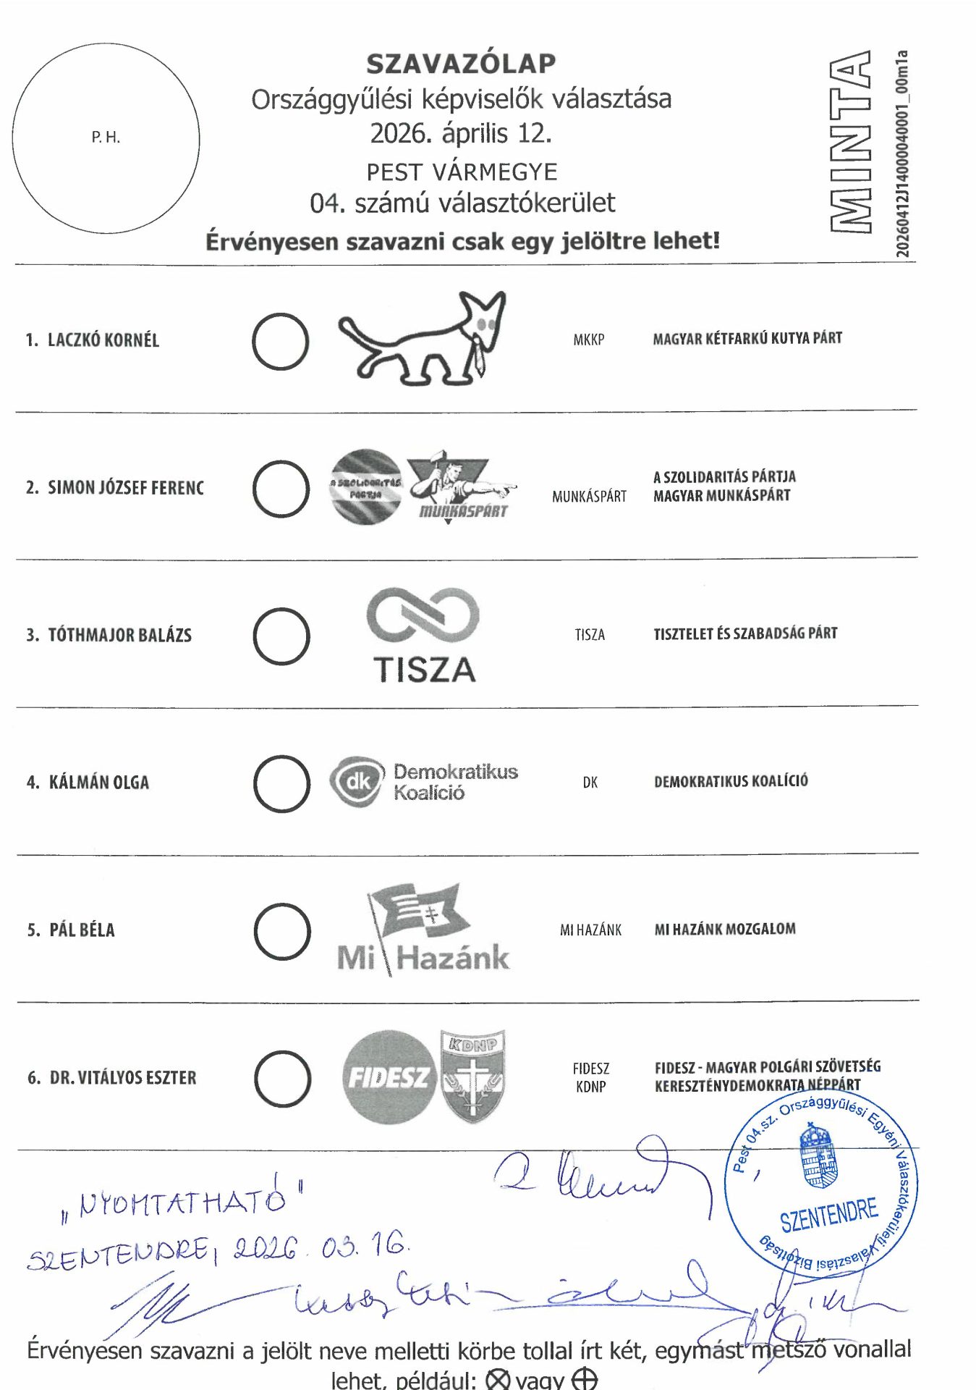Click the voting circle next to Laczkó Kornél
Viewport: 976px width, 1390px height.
280,341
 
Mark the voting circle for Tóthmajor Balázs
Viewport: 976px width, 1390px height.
281,636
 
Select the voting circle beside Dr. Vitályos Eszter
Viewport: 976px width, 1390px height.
283,1079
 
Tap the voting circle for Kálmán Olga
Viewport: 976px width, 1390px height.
281,783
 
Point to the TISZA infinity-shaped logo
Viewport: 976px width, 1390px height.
423,615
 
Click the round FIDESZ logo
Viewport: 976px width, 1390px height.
389,1077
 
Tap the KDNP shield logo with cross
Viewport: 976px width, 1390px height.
473,1076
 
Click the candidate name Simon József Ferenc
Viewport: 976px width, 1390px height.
125,488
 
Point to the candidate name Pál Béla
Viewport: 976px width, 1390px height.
82,930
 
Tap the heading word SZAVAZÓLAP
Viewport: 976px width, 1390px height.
461,64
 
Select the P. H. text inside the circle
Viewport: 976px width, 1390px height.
106,138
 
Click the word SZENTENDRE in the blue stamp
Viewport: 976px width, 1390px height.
828,1214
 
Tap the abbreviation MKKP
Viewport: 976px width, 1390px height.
588,340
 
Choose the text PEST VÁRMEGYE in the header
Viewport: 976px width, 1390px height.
462,172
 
